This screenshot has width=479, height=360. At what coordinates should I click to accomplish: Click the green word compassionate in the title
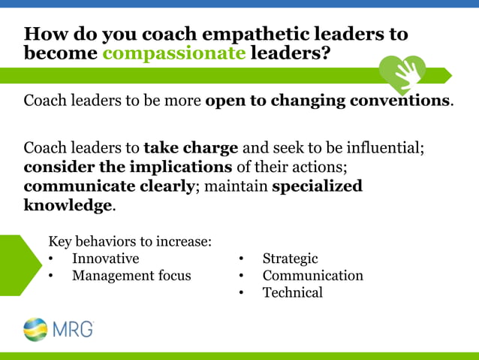173,54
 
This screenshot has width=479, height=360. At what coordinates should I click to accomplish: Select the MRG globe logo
35,329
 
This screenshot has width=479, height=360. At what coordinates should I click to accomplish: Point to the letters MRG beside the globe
73,329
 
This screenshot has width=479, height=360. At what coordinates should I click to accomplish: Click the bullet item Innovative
105,259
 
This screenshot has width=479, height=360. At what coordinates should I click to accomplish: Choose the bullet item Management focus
131,276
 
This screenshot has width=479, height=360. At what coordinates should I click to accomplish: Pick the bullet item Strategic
290,259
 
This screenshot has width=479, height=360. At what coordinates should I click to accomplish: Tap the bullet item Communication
312,276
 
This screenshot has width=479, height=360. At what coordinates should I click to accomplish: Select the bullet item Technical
293,293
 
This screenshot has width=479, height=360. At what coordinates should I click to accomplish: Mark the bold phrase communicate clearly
109,186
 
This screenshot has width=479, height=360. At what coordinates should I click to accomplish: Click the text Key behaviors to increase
130,241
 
